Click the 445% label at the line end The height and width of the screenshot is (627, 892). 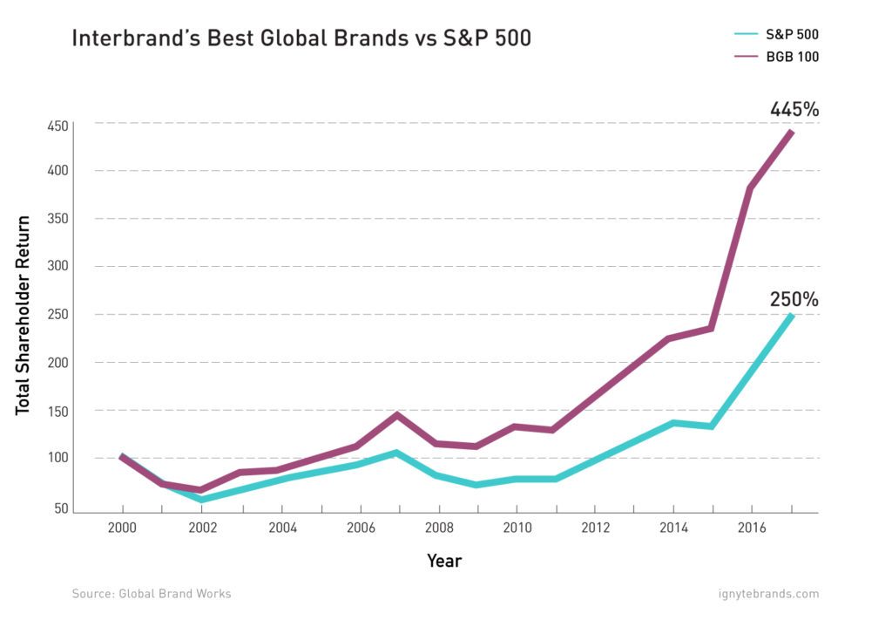pyautogui.click(x=794, y=110)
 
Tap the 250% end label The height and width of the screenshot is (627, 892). pyautogui.click(x=794, y=299)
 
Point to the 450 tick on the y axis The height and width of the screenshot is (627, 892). pyautogui.click(x=57, y=126)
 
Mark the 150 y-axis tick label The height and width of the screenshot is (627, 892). pyautogui.click(x=57, y=410)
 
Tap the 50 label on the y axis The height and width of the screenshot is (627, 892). pyautogui.click(x=60, y=508)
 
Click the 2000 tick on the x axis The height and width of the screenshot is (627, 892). pyautogui.click(x=122, y=528)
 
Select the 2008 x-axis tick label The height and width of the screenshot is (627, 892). pyautogui.click(x=438, y=528)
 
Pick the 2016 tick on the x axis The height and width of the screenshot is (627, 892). pyautogui.click(x=753, y=528)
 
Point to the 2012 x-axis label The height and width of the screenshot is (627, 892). pyautogui.click(x=595, y=528)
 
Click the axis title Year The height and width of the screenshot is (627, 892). pyautogui.click(x=444, y=561)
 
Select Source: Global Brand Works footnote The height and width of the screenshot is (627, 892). pyautogui.click(x=152, y=594)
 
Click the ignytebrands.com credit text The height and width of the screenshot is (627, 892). pyautogui.click(x=764, y=594)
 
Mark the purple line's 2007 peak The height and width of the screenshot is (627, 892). pyautogui.click(x=398, y=415)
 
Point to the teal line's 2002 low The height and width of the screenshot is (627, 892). pyautogui.click(x=201, y=500)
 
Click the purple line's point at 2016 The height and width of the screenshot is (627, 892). pyautogui.click(x=751, y=188)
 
